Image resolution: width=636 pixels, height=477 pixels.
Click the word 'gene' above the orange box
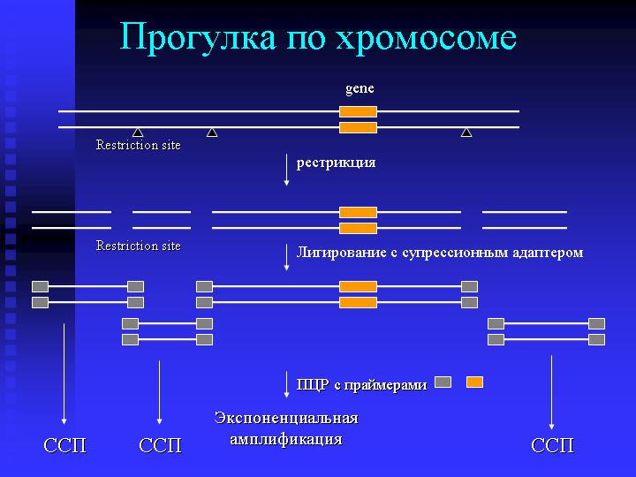pos(360,89)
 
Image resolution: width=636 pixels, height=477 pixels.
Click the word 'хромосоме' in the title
pos(427,37)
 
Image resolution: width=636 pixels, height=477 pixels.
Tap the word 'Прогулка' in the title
pos(198,37)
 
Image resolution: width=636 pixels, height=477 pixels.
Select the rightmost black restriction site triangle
pos(466,132)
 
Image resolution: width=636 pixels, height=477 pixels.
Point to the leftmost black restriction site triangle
pos(138,132)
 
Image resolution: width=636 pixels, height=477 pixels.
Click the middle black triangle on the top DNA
pos(212,132)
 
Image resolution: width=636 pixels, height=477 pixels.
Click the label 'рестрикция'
pos(336,163)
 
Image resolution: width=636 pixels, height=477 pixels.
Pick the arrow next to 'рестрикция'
pos(286,170)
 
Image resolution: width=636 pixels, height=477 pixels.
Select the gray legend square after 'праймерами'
pos(443,382)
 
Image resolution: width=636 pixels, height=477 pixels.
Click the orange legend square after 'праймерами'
pos(474,382)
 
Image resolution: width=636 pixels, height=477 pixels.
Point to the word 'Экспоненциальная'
pos(286,418)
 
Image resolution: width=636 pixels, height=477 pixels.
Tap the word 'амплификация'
pos(286,439)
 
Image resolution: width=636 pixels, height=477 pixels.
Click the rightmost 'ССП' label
pos(552,445)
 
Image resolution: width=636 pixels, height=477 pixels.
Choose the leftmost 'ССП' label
pos(64,445)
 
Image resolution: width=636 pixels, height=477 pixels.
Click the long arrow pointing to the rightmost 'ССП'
pos(551,392)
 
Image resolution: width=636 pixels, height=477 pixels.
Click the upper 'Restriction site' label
pos(139,145)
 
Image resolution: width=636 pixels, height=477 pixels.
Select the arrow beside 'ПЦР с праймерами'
pos(286,384)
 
